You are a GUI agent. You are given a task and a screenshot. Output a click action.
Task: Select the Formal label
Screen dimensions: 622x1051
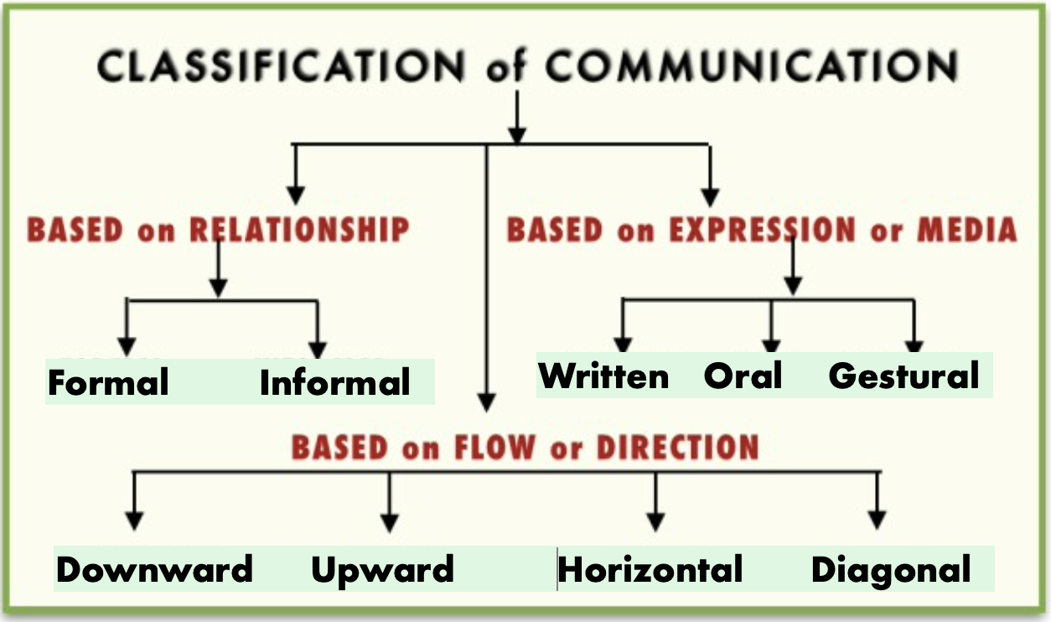[108, 382]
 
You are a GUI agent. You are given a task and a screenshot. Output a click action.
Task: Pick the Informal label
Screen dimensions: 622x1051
[335, 382]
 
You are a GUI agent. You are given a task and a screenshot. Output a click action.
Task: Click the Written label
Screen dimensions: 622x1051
[603, 376]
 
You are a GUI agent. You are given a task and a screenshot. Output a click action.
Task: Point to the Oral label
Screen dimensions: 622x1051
[743, 376]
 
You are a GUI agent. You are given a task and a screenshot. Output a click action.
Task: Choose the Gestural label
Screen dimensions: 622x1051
[903, 376]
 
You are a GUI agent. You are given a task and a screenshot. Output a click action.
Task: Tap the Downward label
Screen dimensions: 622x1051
[154, 570]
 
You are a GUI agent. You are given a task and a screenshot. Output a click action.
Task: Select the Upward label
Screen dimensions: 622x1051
[382, 570]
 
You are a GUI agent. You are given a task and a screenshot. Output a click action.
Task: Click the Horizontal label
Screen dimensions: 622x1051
[650, 570]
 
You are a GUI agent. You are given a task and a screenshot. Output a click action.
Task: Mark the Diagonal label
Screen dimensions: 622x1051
[891, 570]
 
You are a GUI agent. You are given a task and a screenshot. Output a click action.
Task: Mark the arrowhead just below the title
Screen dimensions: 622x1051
[517, 134]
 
